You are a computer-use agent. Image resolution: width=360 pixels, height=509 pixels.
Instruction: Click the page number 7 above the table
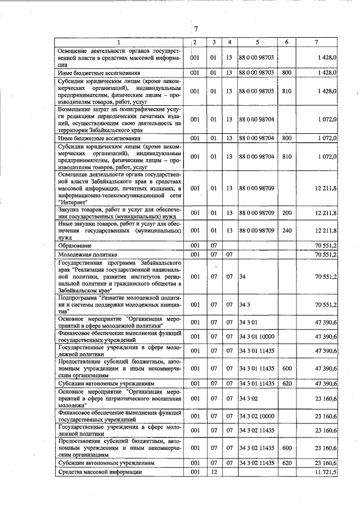pyautogui.click(x=196, y=29)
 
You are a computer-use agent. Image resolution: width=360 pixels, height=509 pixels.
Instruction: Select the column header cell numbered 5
pyautogui.click(x=257, y=42)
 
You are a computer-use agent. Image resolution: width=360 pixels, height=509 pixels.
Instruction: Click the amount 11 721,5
pyautogui.click(x=326, y=472)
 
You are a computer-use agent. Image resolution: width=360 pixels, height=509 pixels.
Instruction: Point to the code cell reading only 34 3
pyautogui.click(x=244, y=304)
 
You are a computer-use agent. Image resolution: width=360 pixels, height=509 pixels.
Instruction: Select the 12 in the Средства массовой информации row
pyautogui.click(x=213, y=472)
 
